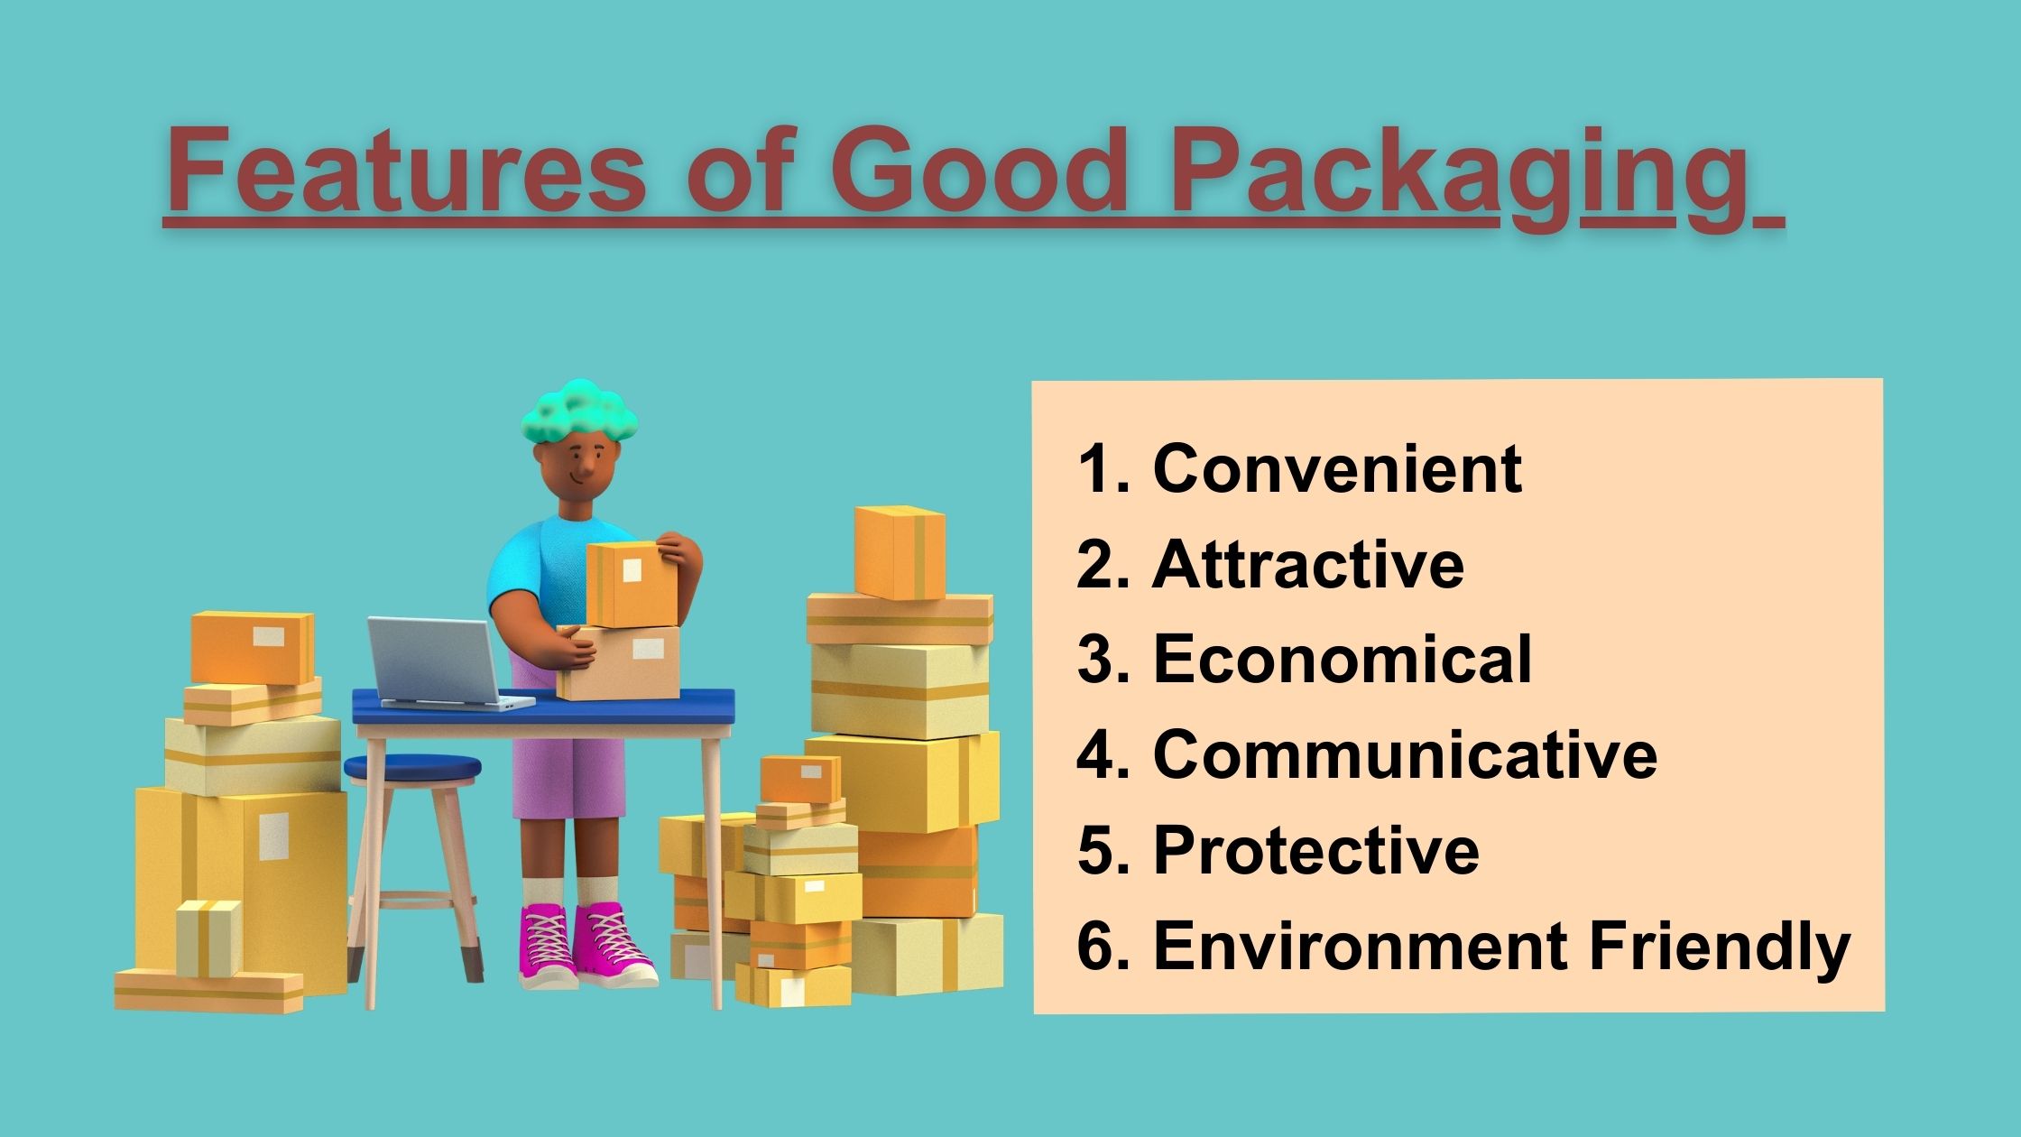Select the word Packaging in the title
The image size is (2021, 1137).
click(1457, 178)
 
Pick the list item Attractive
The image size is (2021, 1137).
click(1308, 564)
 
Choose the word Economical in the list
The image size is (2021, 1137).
click(1343, 659)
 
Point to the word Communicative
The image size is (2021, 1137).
click(1405, 754)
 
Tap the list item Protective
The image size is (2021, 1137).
click(1316, 850)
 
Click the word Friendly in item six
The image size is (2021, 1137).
click(1719, 947)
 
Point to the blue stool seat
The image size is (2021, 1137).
click(412, 768)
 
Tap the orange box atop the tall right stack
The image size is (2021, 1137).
click(900, 553)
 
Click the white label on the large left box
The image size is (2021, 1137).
click(274, 837)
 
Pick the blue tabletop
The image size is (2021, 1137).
click(543, 706)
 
